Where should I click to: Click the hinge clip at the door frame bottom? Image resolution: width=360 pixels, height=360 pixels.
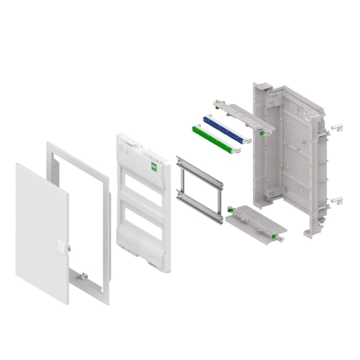click(x=82, y=276)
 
